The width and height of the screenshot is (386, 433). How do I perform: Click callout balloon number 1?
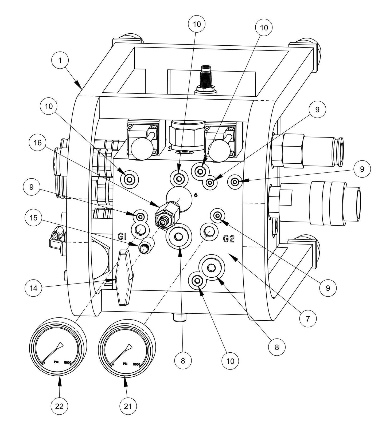(x=60, y=60)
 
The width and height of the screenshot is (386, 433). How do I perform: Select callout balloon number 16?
(x=37, y=143)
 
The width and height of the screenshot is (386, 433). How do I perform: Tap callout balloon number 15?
(x=33, y=218)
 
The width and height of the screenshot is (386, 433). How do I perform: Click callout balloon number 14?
(x=33, y=288)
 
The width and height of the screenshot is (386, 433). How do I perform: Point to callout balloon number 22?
(x=59, y=406)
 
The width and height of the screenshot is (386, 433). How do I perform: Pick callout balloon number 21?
(x=128, y=406)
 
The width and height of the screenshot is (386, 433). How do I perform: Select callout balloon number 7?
(x=308, y=318)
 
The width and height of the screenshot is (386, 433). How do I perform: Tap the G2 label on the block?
(x=228, y=239)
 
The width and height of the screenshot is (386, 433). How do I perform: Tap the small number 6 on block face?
(x=196, y=195)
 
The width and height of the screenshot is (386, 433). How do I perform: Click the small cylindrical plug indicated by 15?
(x=147, y=245)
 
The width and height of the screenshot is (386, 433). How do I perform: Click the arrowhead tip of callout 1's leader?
(x=81, y=88)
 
